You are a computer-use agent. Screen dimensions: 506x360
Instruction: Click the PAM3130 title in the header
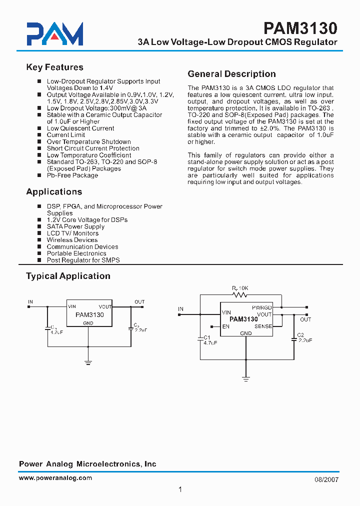pyautogui.click(x=300, y=28)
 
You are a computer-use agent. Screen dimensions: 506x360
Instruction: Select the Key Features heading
pyautogui.click(x=54, y=67)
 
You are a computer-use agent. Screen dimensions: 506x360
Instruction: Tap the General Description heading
pyautogui.click(x=231, y=74)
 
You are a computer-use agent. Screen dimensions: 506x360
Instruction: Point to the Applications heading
pyautogui.click(x=54, y=192)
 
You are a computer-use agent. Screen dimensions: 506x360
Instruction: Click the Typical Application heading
pyautogui.click(x=68, y=276)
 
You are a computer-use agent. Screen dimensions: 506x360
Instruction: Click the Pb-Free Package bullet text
pyautogui.click(x=72, y=175)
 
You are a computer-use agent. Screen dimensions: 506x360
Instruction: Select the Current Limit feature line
pyautogui.click(x=65, y=135)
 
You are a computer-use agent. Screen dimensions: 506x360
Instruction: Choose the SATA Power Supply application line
pyautogui.click(x=75, y=226)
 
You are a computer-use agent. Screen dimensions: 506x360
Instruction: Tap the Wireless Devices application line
pyautogui.click(x=72, y=240)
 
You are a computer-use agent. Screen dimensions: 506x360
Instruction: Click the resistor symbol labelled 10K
pyautogui.click(x=240, y=295)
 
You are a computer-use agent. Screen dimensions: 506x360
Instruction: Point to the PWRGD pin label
pyautogui.click(x=261, y=307)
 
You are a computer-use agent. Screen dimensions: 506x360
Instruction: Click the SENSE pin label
pyautogui.click(x=263, y=326)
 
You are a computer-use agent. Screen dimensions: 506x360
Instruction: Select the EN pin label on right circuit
pyautogui.click(x=226, y=326)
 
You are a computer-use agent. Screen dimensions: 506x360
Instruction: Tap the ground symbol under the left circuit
pyautogui.click(x=88, y=362)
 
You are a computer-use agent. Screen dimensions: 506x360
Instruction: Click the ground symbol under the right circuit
pyautogui.click(x=246, y=379)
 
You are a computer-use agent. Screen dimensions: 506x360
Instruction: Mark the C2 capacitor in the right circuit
pyautogui.click(x=294, y=340)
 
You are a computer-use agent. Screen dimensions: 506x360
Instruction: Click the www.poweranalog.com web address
pyautogui.click(x=55, y=478)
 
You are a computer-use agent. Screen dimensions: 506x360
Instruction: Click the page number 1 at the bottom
pyautogui.click(x=180, y=489)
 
